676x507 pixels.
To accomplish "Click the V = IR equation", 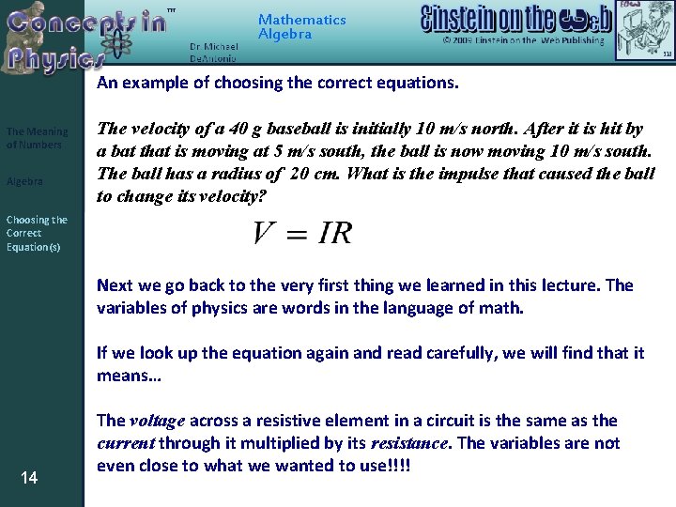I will tap(302, 234).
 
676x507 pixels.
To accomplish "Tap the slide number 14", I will tap(29, 479).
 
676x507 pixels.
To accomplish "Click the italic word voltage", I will tap(156, 421).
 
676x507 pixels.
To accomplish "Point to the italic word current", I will tap(125, 443).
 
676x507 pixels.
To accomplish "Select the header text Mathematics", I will tap(301, 20).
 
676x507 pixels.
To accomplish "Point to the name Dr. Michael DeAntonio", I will tap(214, 52).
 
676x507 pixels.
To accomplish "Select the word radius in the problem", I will tap(237, 174).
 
